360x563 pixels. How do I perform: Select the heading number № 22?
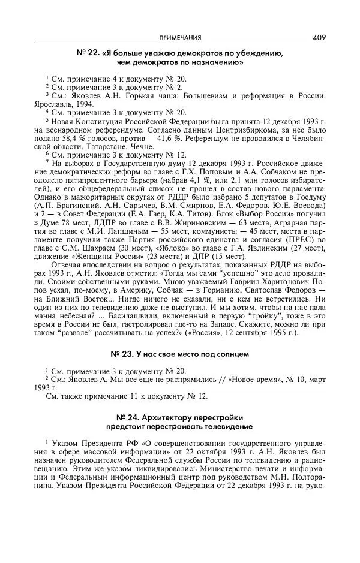[88, 53]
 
